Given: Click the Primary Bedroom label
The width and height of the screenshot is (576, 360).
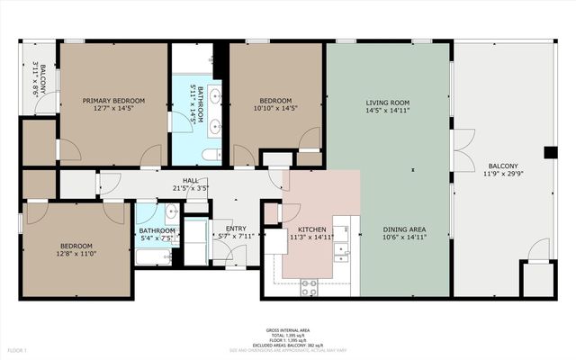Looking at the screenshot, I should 113,101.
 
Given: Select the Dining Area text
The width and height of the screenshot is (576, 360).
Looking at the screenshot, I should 404,229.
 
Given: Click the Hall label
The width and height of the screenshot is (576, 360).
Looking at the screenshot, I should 191,180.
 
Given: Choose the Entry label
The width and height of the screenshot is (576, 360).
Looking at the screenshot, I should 236,229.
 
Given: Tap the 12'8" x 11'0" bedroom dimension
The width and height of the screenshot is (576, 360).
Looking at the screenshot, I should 75,254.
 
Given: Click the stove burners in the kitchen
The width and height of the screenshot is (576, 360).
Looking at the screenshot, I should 309,286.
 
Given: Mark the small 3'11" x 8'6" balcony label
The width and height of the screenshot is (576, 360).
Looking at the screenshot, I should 39,78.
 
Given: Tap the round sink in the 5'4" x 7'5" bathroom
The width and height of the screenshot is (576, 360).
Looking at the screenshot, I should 171,213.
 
